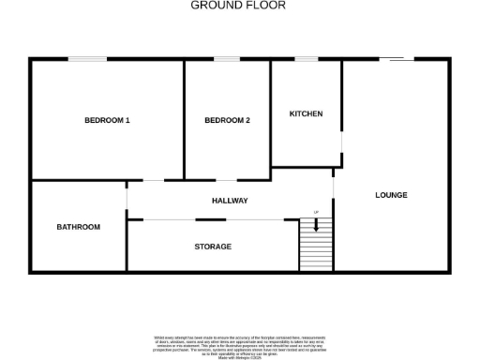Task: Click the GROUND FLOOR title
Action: point(238,6)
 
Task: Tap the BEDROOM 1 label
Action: point(107,120)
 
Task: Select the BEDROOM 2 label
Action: point(227,120)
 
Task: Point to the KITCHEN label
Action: point(306,113)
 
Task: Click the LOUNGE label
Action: point(391,195)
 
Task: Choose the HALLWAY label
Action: point(230,201)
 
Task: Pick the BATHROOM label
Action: point(78,227)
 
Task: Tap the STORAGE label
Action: point(213,246)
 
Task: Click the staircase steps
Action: point(315,248)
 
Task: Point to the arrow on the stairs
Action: point(316,225)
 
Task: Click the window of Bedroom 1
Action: point(86,60)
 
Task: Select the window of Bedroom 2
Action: point(227,60)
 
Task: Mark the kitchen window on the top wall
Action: point(306,60)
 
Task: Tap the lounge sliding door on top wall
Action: point(397,60)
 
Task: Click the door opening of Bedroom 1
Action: point(152,180)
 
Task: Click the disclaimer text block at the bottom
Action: point(239,344)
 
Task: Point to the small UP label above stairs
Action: point(316,213)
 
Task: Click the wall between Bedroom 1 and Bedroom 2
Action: point(184,119)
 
